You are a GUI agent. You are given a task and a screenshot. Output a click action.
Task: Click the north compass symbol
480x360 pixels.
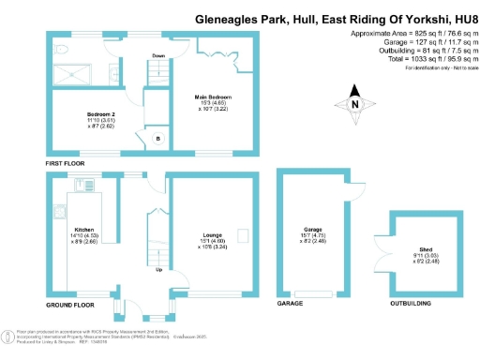(354, 106)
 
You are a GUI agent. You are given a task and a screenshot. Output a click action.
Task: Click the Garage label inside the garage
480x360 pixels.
(312, 234)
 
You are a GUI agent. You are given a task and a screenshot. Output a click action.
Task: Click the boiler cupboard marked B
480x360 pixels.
(157, 139)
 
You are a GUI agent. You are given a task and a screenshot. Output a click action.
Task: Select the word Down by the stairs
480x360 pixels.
(159, 56)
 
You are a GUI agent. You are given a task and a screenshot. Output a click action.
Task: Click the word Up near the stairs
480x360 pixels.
(157, 270)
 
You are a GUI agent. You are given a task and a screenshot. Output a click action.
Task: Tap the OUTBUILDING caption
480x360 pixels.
(411, 306)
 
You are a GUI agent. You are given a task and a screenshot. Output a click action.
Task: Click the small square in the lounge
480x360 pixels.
(242, 234)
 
